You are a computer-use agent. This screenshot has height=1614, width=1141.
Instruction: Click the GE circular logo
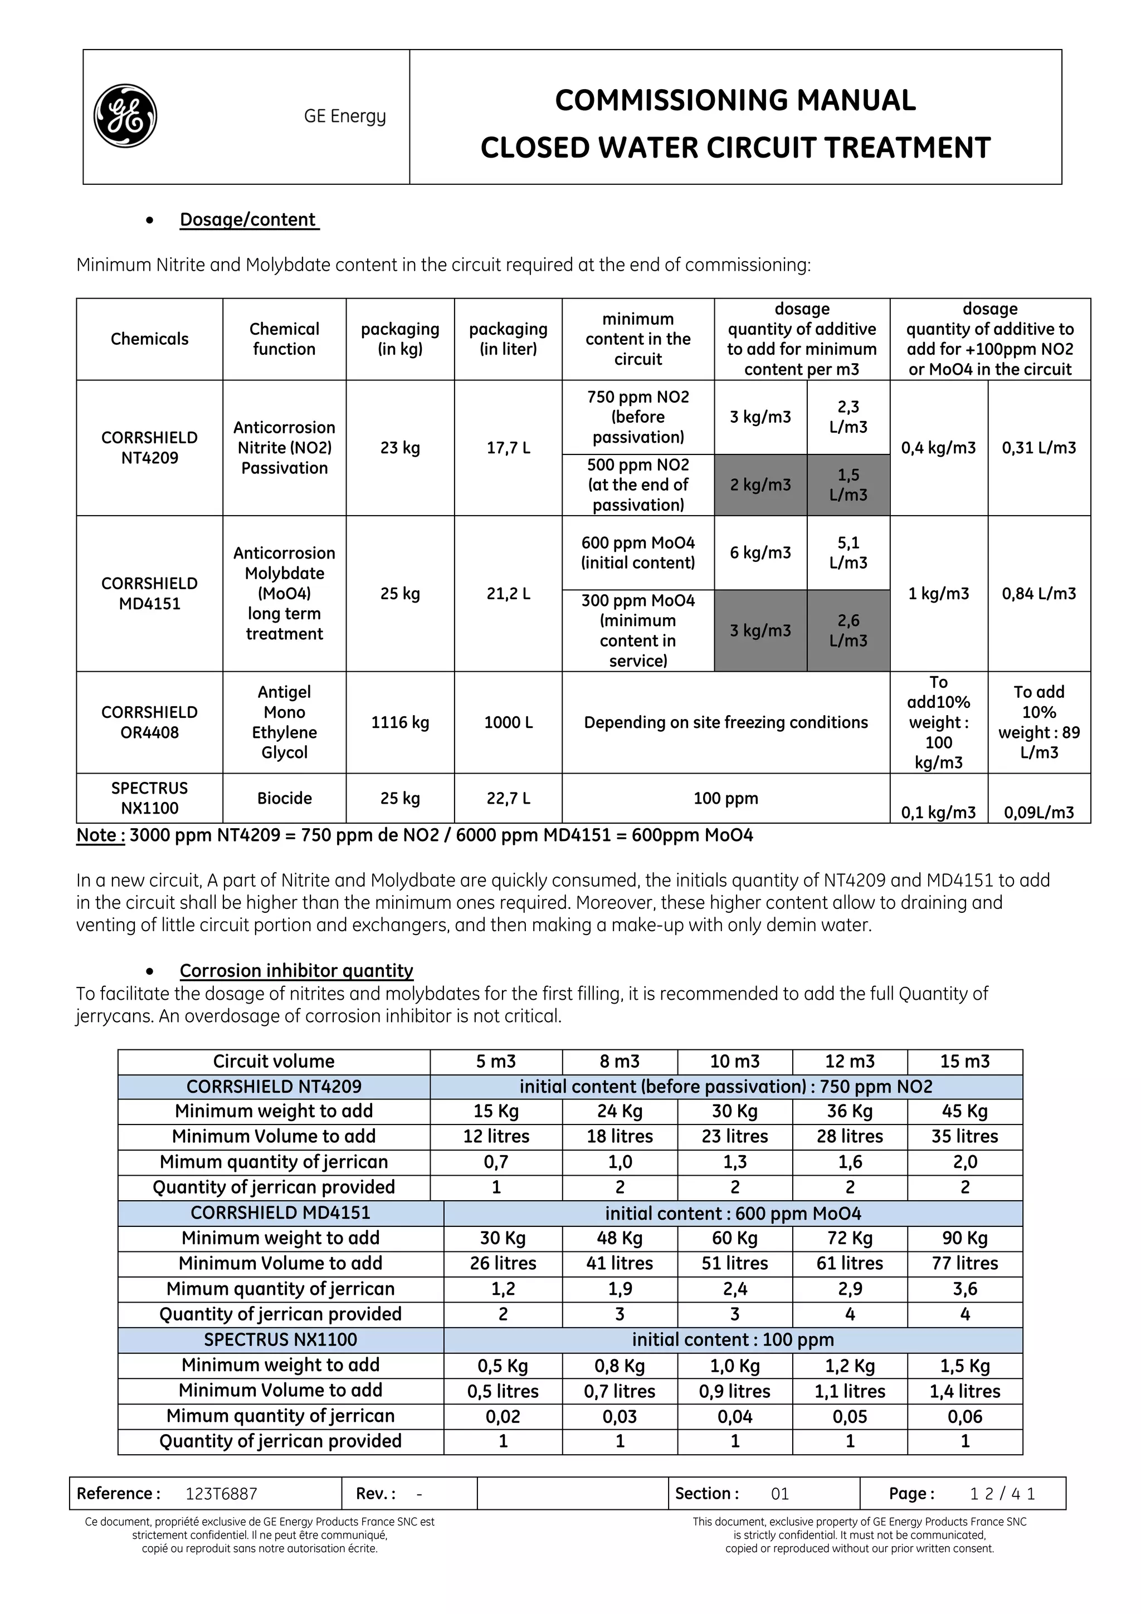point(125,116)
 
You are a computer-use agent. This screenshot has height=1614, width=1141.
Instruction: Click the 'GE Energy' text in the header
point(344,116)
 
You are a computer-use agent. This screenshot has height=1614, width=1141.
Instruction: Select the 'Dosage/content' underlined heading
point(249,219)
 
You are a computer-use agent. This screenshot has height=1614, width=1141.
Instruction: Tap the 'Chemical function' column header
point(284,339)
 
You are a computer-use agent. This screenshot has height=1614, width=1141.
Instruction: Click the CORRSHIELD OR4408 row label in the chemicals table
point(149,722)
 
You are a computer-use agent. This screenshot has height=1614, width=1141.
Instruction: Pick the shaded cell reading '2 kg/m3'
point(760,485)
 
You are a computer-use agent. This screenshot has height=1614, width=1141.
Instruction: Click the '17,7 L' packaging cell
point(508,448)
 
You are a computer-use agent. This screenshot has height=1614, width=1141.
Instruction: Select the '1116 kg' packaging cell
point(400,722)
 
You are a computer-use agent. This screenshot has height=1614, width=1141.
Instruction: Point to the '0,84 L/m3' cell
point(1038,593)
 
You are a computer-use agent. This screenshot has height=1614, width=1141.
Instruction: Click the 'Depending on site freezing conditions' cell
point(725,722)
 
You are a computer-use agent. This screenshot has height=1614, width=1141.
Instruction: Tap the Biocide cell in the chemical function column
point(284,798)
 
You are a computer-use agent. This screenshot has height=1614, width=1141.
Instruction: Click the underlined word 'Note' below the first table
point(100,835)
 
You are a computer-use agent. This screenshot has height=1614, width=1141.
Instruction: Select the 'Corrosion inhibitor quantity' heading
point(296,970)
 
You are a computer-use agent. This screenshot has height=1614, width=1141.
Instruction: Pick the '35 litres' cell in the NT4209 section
point(964,1136)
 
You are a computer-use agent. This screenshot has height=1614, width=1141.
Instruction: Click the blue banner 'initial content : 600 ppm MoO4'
point(733,1214)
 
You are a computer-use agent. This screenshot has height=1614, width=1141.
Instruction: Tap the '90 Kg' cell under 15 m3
point(964,1238)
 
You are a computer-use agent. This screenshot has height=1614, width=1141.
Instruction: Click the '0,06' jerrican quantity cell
point(964,1416)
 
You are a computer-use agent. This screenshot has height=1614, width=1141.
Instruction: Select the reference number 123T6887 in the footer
point(221,1493)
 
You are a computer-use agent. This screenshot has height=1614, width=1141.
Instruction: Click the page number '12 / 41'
point(1002,1493)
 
